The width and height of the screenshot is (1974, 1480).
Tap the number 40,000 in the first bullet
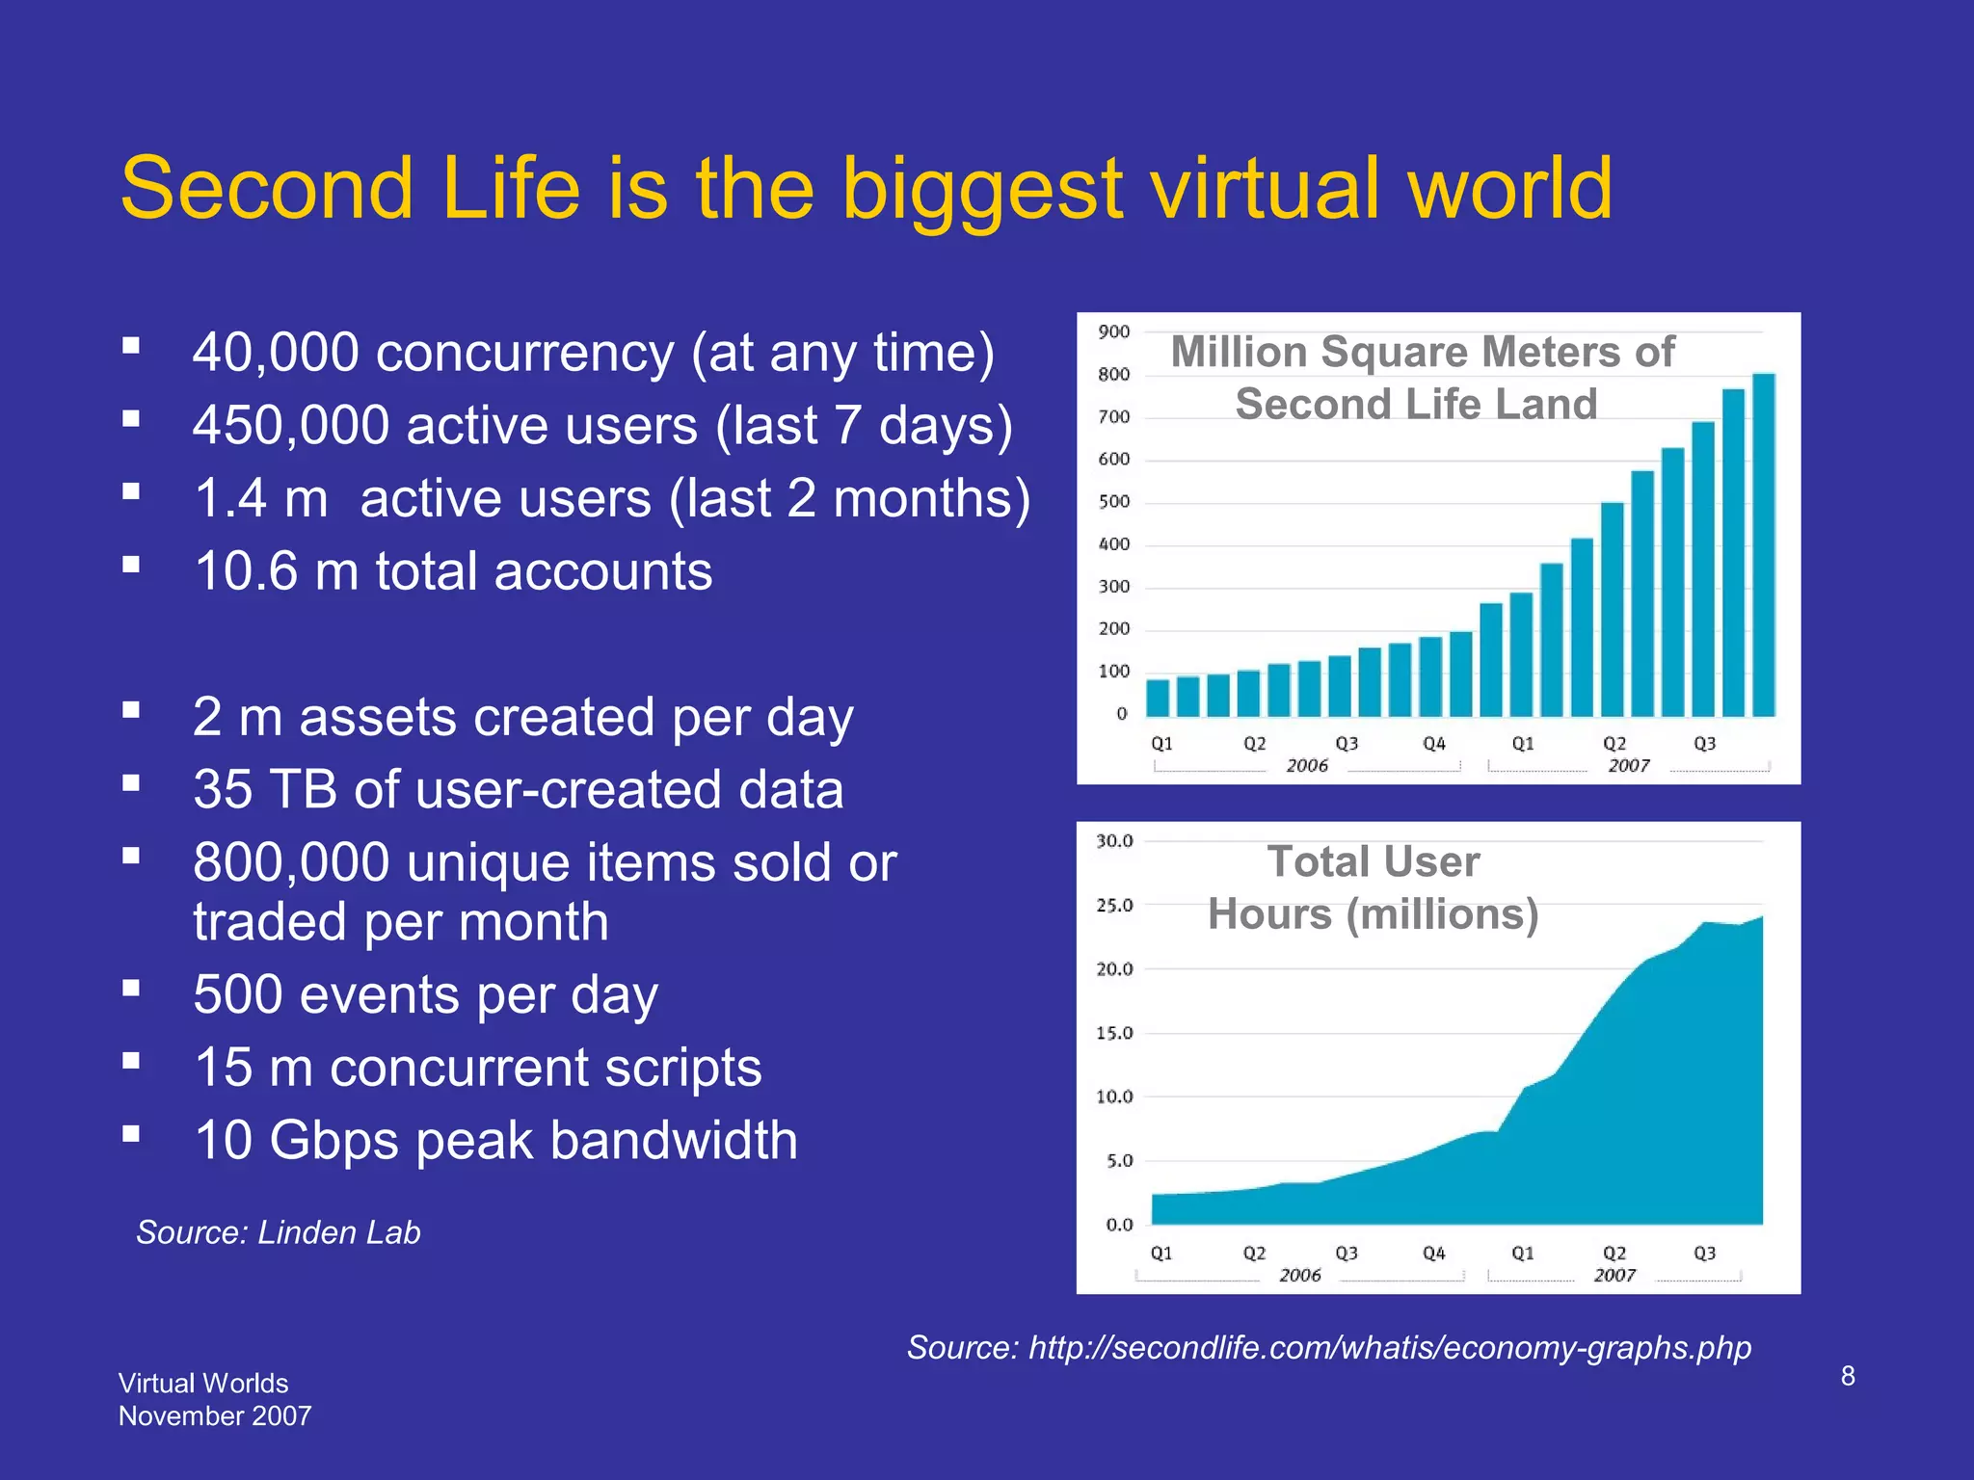pyautogui.click(x=276, y=353)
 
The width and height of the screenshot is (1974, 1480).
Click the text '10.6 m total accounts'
pyautogui.click(x=453, y=571)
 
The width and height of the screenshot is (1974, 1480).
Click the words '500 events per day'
pyautogui.click(x=425, y=995)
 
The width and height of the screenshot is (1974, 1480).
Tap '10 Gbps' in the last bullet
pyautogui.click(x=295, y=1141)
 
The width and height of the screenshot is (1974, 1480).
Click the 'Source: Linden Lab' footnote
pyautogui.click(x=279, y=1232)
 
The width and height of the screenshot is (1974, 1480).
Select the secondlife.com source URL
pyautogui.click(x=1389, y=1347)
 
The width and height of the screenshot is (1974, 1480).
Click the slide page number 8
pyautogui.click(x=1847, y=1376)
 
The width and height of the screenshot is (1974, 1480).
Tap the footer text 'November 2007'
pyautogui.click(x=215, y=1415)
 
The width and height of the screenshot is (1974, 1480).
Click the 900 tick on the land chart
pyautogui.click(x=1113, y=332)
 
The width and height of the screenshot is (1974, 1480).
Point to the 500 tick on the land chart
pyautogui.click(x=1113, y=502)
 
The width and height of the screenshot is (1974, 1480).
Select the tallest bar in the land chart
pyautogui.click(x=1763, y=544)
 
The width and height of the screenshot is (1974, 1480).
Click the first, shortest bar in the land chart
pyautogui.click(x=1158, y=698)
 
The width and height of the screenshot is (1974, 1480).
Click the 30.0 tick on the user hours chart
pyautogui.click(x=1114, y=841)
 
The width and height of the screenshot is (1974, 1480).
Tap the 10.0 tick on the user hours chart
pyautogui.click(x=1114, y=1097)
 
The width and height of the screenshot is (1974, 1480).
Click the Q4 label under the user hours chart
pyautogui.click(x=1433, y=1253)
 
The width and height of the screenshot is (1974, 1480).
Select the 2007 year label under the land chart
pyautogui.click(x=1628, y=765)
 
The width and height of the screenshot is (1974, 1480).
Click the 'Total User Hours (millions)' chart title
pyautogui.click(x=1373, y=887)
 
